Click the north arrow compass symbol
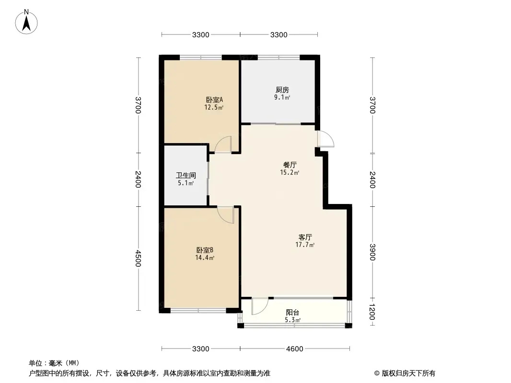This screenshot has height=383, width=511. pyautogui.click(x=26, y=22)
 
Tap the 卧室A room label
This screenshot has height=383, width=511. pyautogui.click(x=214, y=99)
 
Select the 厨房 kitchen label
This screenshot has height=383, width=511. pyautogui.click(x=282, y=90)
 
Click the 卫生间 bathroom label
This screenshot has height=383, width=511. pyautogui.click(x=186, y=175)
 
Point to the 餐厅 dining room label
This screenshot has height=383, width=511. pyautogui.click(x=290, y=165)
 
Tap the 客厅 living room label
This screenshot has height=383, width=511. pyautogui.click(x=305, y=237)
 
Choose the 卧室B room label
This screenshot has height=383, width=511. pyautogui.click(x=205, y=250)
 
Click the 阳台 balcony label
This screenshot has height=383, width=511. pyautogui.click(x=293, y=313)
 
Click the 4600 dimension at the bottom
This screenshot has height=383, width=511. pyautogui.click(x=295, y=349)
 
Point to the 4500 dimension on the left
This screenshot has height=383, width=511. pyautogui.click(x=138, y=259)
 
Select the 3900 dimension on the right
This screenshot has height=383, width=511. pyautogui.click(x=372, y=252)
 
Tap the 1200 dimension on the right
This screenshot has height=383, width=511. pyautogui.click(x=372, y=312)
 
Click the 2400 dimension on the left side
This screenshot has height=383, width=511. pyautogui.click(x=138, y=180)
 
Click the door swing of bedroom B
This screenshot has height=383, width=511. pyautogui.click(x=226, y=215)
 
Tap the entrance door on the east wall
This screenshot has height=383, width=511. pyautogui.click(x=326, y=139)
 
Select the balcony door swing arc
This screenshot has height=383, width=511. pyautogui.click(x=260, y=306)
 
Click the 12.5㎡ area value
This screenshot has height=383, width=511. pyautogui.click(x=214, y=107)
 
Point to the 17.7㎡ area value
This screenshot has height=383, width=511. pyautogui.click(x=305, y=245)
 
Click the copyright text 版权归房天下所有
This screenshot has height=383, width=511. pyautogui.click(x=408, y=373)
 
